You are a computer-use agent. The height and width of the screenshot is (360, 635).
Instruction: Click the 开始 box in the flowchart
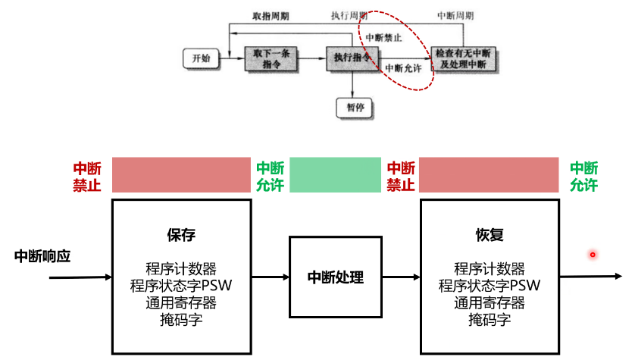pyautogui.click(x=201, y=58)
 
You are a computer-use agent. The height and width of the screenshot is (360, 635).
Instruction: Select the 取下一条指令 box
pyautogui.click(x=271, y=59)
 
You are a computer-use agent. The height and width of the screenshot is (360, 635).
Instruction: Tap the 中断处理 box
pyautogui.click(x=336, y=277)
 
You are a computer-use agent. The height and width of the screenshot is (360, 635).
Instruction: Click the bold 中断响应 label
pyautogui.click(x=42, y=256)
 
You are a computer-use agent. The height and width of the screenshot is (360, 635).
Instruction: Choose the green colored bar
pyautogui.click(x=334, y=174)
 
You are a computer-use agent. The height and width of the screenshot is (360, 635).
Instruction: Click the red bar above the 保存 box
pyautogui.click(x=181, y=174)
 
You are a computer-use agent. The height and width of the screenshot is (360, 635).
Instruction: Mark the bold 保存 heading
pyautogui.click(x=181, y=235)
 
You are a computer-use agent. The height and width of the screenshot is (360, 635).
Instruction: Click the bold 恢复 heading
pyautogui.click(x=489, y=235)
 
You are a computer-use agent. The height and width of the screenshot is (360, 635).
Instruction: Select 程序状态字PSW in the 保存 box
pyautogui.click(x=181, y=286)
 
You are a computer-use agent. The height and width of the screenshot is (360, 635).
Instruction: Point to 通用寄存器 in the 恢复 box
pyautogui.click(x=489, y=302)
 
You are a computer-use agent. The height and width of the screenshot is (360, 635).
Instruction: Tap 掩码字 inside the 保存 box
pyautogui.click(x=181, y=319)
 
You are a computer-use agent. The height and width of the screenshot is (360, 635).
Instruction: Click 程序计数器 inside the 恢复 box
pyautogui.click(x=489, y=269)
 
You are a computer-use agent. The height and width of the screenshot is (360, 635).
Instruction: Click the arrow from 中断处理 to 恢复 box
pyautogui.click(x=400, y=277)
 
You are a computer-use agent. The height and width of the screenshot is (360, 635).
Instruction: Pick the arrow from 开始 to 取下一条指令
pyautogui.click(x=230, y=58)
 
